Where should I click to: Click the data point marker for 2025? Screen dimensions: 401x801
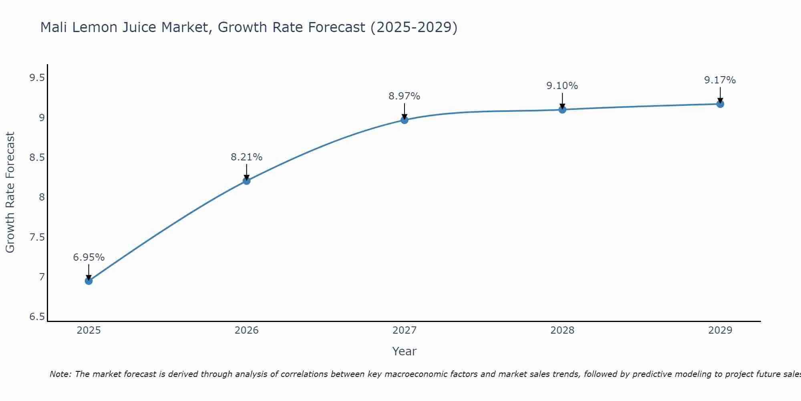tap(89, 281)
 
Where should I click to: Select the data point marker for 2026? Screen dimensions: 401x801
tap(247, 181)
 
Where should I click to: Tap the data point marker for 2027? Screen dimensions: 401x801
tap(405, 120)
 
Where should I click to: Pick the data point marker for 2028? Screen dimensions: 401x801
tap(562, 109)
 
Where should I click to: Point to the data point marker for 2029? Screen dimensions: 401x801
tap(720, 104)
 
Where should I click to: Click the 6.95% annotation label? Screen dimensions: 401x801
tap(89, 257)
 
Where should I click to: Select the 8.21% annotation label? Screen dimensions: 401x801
tap(247, 157)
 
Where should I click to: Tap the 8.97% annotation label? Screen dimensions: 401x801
tap(405, 96)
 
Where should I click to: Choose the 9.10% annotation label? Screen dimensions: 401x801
tap(562, 86)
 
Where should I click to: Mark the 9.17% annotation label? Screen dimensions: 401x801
tap(720, 80)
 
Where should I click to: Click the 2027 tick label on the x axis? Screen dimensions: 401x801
tap(405, 330)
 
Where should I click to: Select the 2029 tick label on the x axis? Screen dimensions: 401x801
tap(720, 330)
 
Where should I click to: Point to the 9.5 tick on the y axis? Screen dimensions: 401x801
tap(37, 78)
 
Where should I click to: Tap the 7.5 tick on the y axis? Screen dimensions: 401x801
tap(37, 237)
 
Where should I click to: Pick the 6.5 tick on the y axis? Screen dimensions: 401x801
tap(37, 317)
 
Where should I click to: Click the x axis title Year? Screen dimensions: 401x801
tap(405, 351)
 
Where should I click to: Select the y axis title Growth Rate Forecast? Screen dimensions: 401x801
tap(10, 192)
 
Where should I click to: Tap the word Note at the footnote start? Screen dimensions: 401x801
tap(60, 374)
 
